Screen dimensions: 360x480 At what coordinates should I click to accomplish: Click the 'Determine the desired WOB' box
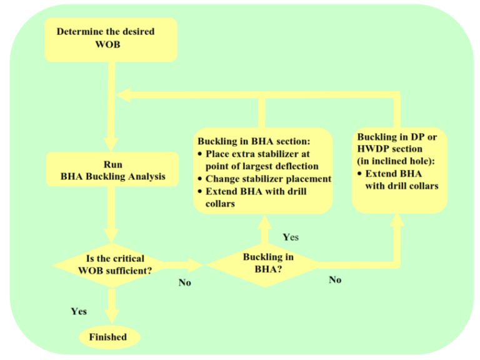coord(111,39)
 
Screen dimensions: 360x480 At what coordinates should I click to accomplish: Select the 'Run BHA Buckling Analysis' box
coord(112,170)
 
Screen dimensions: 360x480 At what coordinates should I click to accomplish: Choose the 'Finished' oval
coord(107,337)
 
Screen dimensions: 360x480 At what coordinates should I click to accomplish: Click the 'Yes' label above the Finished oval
coord(79,311)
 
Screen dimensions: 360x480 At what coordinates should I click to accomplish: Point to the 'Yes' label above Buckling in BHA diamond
coord(291,237)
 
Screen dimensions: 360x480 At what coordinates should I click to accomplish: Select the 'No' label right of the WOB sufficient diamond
coord(184,282)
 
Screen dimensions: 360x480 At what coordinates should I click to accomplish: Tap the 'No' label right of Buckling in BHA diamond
coord(335,280)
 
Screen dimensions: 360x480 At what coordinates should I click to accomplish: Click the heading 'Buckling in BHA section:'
coord(254,141)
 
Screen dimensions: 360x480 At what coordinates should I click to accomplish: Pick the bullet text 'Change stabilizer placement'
coord(268,179)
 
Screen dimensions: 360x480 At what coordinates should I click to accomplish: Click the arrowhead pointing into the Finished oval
coord(112,319)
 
